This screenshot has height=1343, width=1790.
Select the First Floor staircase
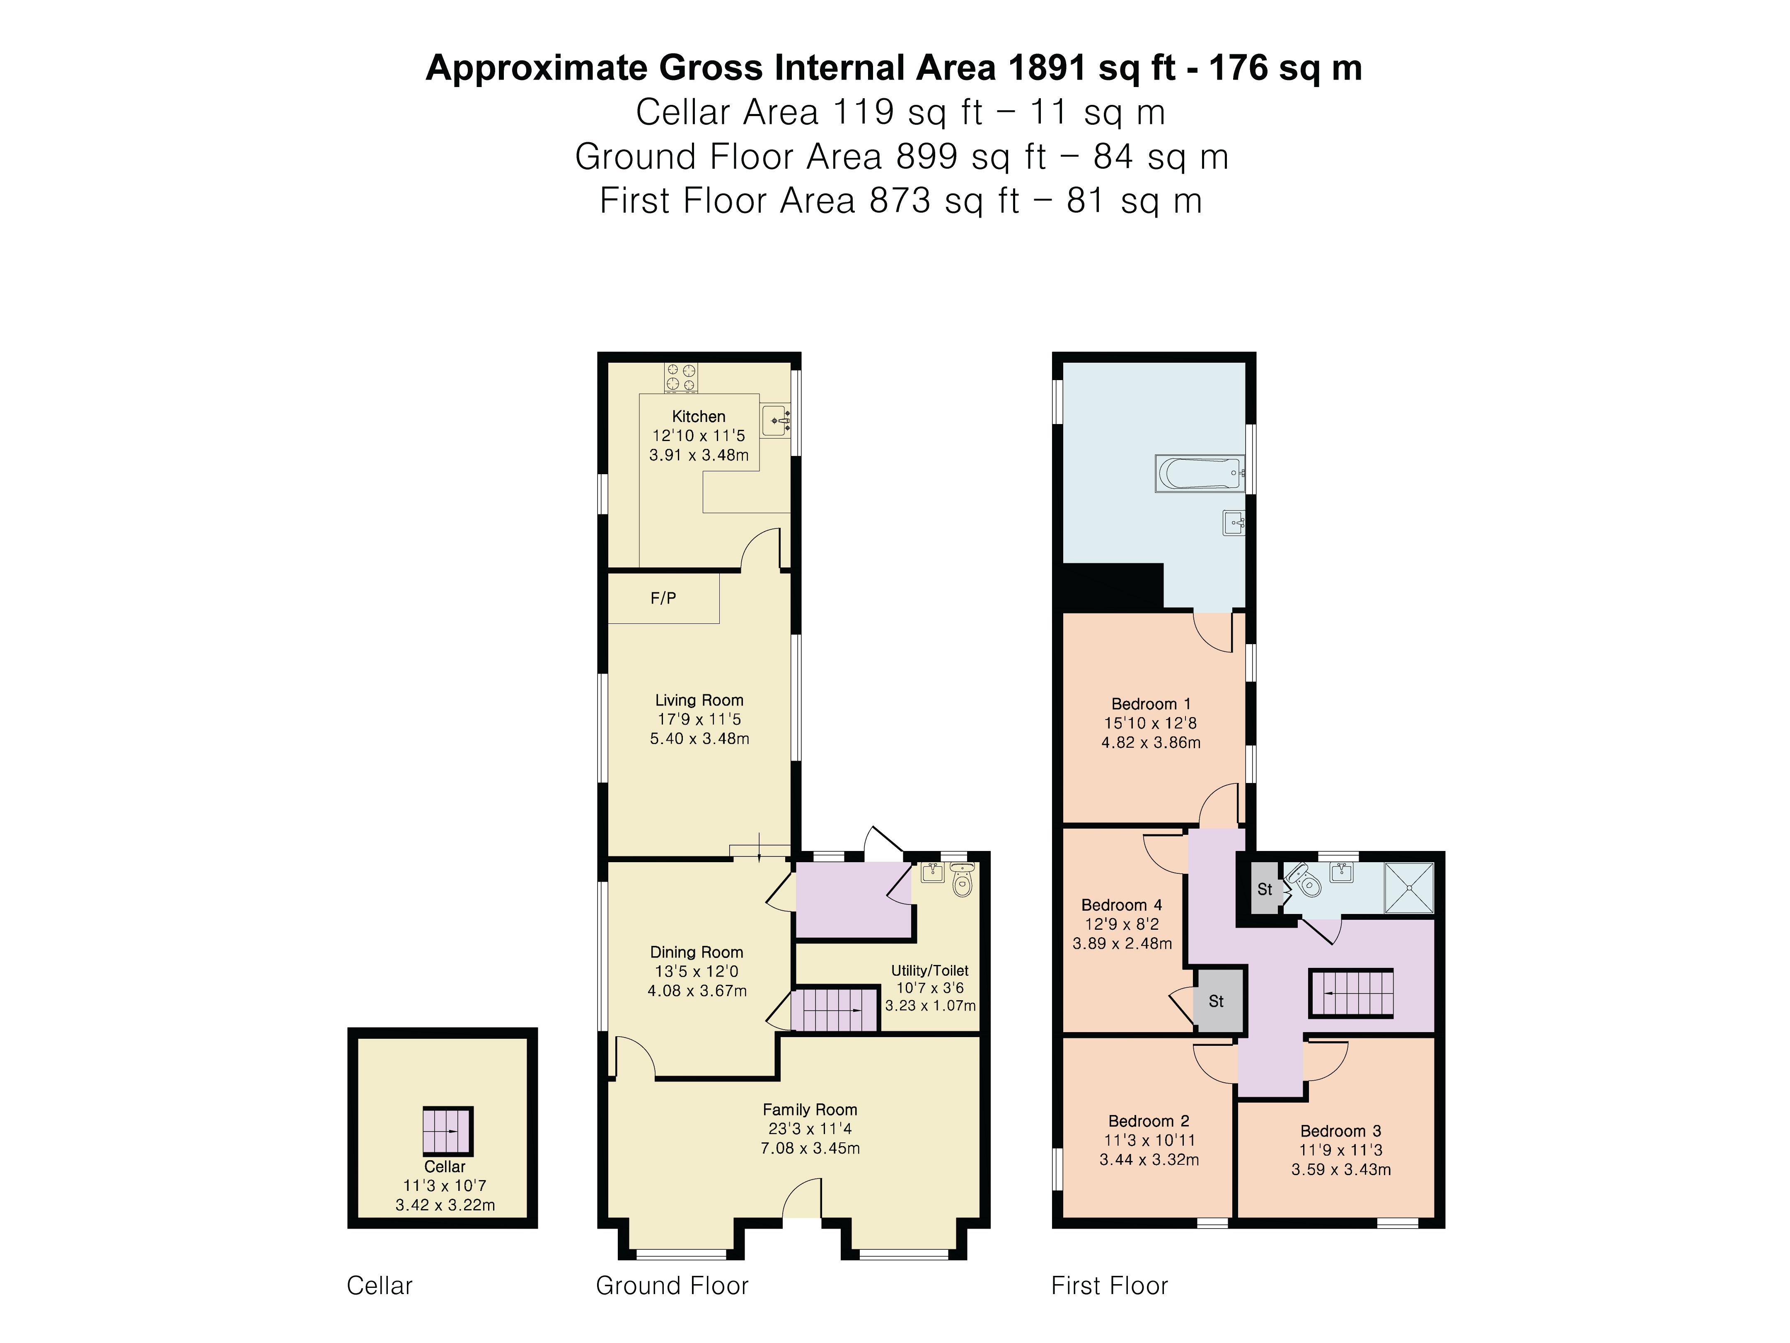1351,993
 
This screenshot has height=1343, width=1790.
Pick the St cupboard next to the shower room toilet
1265,889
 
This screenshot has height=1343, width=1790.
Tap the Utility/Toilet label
930,970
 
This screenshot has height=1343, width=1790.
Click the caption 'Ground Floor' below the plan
672,1285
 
